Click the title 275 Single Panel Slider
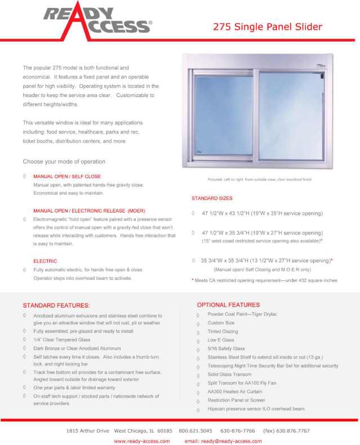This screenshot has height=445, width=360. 268,27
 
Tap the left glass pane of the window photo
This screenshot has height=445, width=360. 224,117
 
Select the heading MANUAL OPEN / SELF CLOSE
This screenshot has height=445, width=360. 67,177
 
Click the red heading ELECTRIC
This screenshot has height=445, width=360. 45,261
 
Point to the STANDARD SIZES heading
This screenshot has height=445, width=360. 212,199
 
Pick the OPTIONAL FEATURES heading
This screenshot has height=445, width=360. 228,305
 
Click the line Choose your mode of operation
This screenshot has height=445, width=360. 64,161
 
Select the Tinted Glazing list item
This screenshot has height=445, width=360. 223,332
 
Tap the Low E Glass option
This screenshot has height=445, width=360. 220,340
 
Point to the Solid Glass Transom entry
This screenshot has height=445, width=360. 229,374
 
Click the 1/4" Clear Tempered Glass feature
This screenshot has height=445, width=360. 62,340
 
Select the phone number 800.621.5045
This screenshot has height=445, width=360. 195,430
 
